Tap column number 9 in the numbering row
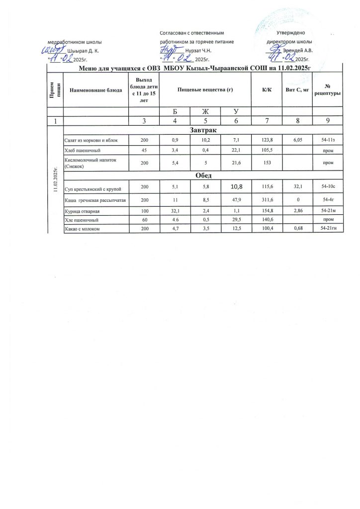[328, 120]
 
